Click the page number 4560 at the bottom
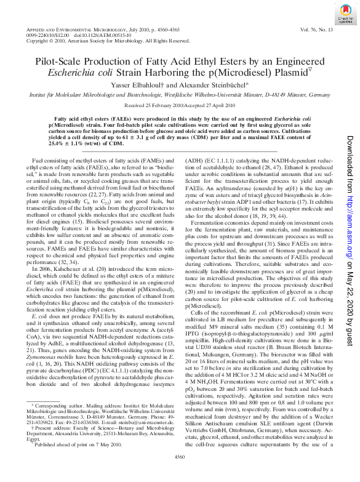point(180,473)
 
